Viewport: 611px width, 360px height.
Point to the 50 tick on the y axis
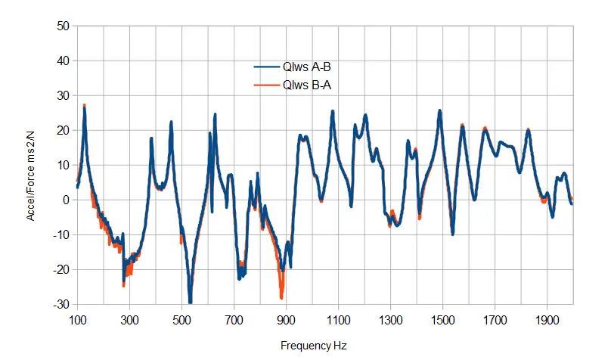[x=64, y=26]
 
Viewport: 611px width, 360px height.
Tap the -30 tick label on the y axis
[x=60, y=305]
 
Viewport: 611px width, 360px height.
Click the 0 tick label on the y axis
[x=67, y=200]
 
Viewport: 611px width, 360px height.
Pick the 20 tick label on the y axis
[x=64, y=131]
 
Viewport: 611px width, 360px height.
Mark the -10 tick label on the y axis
[x=60, y=235]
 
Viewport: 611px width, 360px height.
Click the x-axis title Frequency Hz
[x=314, y=346]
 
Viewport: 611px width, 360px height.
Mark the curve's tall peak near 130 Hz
[x=85, y=107]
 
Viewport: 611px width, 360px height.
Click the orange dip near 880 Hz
[x=281, y=295]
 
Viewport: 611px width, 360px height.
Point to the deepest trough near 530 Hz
[x=190, y=302]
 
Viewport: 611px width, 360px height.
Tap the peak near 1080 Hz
[x=333, y=112]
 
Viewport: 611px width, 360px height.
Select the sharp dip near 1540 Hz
[x=452, y=233]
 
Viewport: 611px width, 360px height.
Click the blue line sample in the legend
[x=266, y=67]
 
